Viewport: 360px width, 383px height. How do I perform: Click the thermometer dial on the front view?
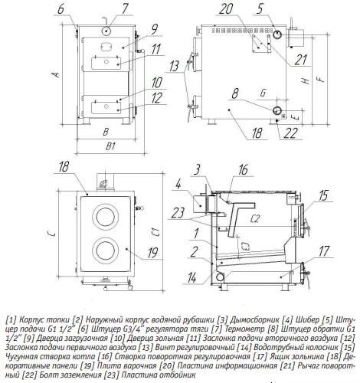click(x=107, y=31)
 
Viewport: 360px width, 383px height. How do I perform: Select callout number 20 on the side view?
click(x=226, y=8)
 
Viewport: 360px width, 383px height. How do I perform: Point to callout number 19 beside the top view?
click(x=152, y=253)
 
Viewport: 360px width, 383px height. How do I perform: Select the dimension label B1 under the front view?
click(x=110, y=146)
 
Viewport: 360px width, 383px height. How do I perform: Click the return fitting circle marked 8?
click(x=277, y=110)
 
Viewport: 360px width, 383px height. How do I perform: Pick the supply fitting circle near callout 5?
click(x=277, y=34)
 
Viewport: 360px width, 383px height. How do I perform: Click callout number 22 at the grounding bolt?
click(x=291, y=133)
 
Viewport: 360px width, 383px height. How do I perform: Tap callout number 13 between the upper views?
click(x=175, y=67)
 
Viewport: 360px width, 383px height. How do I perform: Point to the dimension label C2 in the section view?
click(x=255, y=218)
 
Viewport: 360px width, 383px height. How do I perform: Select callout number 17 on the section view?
click(x=324, y=251)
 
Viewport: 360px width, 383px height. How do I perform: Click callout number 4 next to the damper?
click(x=178, y=184)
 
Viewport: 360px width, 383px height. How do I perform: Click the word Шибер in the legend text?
click(x=307, y=319)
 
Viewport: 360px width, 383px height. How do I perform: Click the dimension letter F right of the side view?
click(x=322, y=78)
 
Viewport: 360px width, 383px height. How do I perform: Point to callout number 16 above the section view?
click(x=243, y=170)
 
